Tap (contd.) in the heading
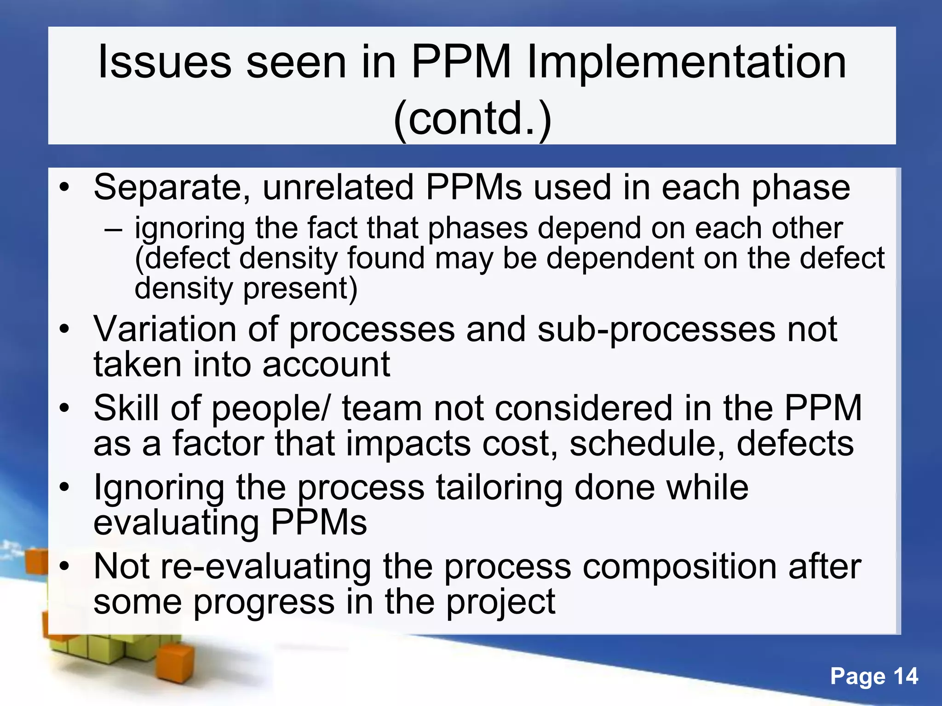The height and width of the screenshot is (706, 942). pos(472,119)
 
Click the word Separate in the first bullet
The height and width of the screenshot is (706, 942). pos(172,188)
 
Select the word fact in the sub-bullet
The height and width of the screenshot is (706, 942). pos(332,228)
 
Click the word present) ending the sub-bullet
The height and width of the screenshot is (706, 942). pos(300,289)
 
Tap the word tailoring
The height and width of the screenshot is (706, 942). pos(499,487)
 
